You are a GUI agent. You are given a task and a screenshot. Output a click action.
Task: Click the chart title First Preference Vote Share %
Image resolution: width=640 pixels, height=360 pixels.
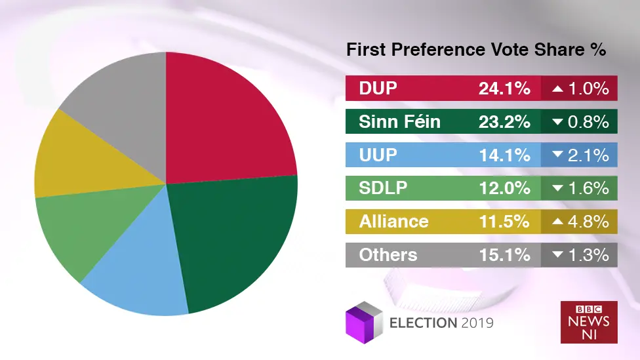pos(476,50)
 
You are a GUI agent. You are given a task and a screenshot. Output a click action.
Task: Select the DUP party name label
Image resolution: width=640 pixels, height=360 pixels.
pos(378,89)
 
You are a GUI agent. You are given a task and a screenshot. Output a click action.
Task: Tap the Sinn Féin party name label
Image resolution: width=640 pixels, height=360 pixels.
pos(400,122)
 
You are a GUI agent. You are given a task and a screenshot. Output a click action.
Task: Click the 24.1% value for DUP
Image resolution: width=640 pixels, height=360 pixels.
pos(504,89)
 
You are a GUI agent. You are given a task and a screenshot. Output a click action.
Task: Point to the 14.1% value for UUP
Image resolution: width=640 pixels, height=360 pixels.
pos(504,155)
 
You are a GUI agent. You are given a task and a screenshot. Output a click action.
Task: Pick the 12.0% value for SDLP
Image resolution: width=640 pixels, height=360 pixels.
pos(504,188)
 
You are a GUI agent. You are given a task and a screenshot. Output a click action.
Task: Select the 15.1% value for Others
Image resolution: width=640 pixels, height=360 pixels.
pos(504,255)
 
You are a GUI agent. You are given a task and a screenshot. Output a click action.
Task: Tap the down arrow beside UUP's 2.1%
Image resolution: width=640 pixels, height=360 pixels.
pos(558,155)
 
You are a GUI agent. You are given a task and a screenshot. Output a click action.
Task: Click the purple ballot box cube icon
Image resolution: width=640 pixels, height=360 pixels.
pos(363,321)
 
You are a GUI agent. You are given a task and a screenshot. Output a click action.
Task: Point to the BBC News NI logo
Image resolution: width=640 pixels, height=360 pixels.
pos(588,321)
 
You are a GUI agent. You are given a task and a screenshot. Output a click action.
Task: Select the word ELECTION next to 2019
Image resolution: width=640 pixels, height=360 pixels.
pos(423,323)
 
